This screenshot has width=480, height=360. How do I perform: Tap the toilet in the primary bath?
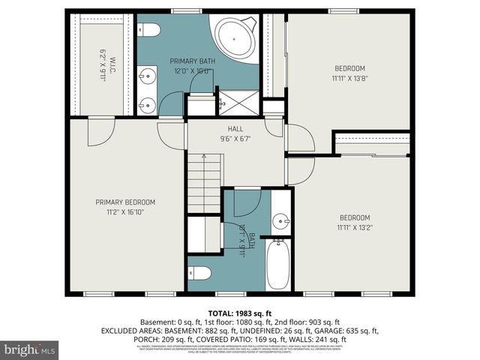(148, 30)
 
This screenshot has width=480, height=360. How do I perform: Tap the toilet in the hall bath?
(201, 273)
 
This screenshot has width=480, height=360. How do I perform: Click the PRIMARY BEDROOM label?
(124, 202)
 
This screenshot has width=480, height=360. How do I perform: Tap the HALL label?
(235, 129)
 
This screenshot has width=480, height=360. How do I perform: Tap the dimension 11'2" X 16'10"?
(124, 212)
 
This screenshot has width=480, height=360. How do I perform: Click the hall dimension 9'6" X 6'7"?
(235, 139)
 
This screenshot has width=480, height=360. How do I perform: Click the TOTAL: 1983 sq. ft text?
(240, 312)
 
